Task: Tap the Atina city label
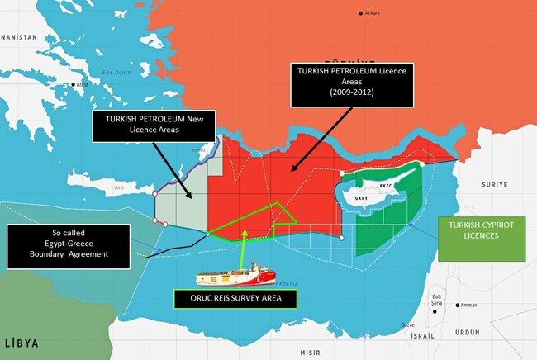coord(83,85)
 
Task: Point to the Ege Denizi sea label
coord(116,73)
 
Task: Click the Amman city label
coord(468,305)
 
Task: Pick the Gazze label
coord(407,324)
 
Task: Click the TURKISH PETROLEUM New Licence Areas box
coord(154,126)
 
